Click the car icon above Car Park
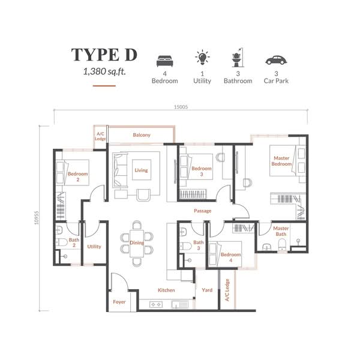(276, 60)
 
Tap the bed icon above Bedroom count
(164, 61)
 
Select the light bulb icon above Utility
(202, 57)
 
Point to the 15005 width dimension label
(181, 107)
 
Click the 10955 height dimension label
(37, 218)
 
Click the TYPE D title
(104, 55)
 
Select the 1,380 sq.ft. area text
(104, 71)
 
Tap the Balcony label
(142, 135)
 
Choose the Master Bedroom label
(281, 161)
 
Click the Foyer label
(119, 302)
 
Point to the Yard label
(207, 290)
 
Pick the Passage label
(203, 211)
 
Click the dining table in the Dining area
(137, 244)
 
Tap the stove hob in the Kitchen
(156, 305)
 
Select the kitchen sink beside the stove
(179, 305)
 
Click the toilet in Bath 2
(62, 242)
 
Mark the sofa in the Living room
(120, 170)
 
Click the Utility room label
(94, 247)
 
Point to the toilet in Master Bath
(282, 244)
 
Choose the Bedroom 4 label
(231, 257)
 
